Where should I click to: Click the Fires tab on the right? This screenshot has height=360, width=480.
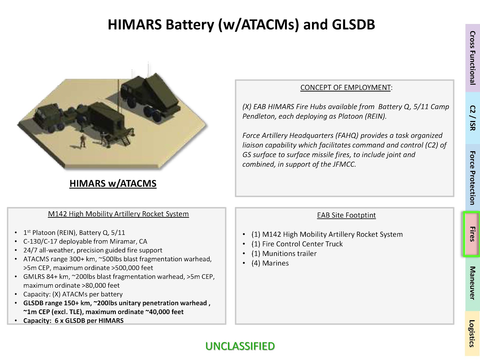tap(472, 234)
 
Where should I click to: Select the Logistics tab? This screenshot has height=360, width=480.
tap(472, 333)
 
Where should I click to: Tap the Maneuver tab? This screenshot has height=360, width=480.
tap(472, 283)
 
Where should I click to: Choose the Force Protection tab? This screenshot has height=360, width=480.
tap(472, 178)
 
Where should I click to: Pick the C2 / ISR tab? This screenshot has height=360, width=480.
tap(472, 118)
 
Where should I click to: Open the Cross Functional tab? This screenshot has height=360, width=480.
tap(472, 58)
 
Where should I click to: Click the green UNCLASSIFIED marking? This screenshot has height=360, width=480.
tap(240, 346)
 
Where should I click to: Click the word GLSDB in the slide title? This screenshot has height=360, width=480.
tap(353, 25)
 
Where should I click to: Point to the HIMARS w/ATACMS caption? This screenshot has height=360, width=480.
tap(113, 184)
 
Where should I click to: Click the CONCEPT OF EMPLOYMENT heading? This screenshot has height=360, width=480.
tap(346, 87)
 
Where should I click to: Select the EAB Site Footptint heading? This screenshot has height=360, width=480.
tap(346, 215)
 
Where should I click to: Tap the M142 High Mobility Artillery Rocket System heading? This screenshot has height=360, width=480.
tap(118, 214)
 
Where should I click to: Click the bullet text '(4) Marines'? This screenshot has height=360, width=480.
tap(270, 263)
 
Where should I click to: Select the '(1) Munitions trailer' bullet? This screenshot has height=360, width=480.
tap(284, 253)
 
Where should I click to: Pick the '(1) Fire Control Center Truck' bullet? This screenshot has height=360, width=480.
tap(297, 244)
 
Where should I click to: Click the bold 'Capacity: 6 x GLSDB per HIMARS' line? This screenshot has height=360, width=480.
tap(73, 321)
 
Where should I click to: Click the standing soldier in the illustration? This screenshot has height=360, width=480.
tap(83, 141)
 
